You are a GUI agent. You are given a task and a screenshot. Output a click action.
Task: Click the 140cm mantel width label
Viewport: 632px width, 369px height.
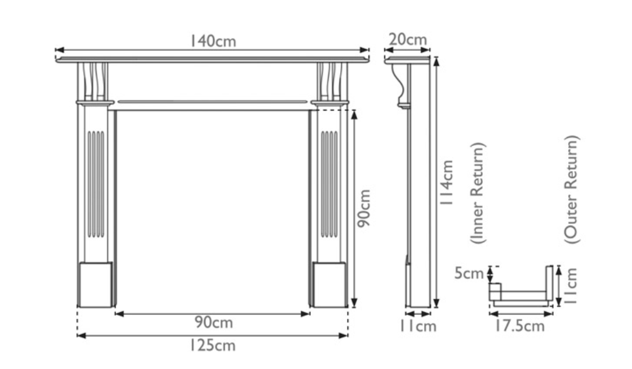214,41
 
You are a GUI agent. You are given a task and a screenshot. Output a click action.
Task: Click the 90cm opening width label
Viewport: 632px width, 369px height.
213,323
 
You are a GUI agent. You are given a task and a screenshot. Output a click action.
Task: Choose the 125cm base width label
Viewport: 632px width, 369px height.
213,345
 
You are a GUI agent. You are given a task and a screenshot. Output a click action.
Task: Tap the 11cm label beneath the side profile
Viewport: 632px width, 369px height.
418,326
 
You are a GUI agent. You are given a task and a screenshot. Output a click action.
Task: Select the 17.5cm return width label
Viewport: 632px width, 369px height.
516,326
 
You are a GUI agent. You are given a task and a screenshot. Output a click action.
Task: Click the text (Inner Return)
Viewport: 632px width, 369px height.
477,193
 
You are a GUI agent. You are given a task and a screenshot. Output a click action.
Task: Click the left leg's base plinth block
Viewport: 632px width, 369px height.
95,284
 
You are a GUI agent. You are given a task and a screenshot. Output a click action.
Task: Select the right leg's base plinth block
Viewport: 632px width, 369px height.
329,284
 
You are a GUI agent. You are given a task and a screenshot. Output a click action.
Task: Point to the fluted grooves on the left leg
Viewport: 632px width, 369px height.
95,184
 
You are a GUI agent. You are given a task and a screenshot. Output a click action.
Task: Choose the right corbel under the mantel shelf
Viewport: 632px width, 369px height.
330,81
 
